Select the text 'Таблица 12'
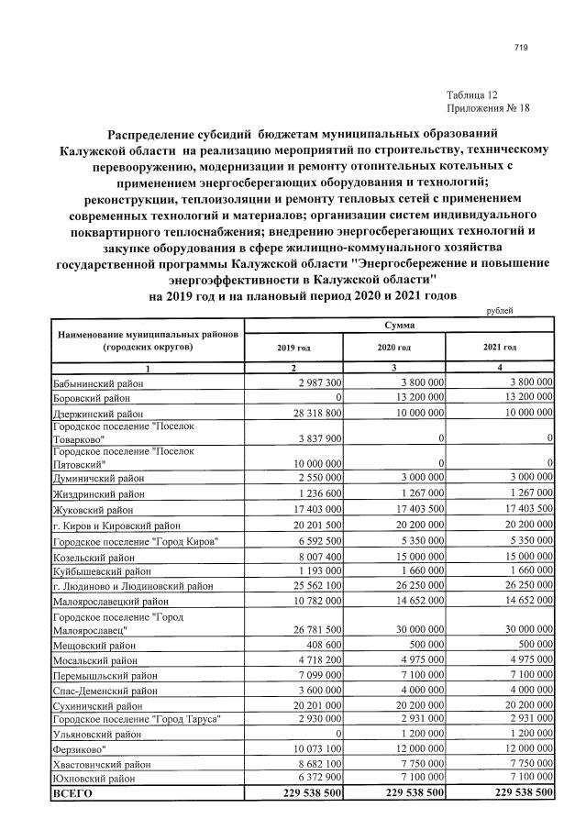[472, 95]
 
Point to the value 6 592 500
[314, 541]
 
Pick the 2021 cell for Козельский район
[522, 556]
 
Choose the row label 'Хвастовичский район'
[101, 764]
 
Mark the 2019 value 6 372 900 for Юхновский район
[314, 778]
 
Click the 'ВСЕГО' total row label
[72, 793]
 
